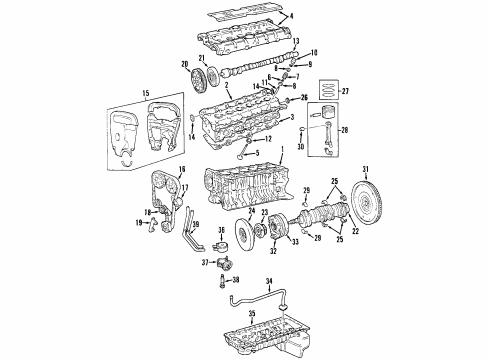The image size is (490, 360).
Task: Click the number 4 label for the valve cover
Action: coord(291,17)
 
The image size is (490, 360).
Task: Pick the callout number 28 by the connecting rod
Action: coord(346,131)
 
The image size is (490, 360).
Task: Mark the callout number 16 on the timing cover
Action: coord(182,171)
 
